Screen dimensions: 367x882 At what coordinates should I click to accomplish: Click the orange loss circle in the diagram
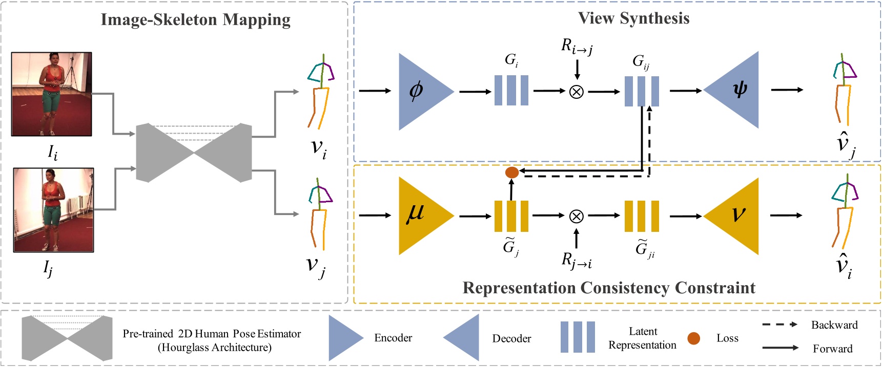point(512,172)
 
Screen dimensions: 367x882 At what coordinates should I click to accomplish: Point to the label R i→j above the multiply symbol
point(577,47)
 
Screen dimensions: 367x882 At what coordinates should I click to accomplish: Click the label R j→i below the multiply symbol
point(577,261)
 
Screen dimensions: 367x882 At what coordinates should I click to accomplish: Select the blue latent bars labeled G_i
point(511,91)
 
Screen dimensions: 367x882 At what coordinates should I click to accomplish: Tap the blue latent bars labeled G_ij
point(641,91)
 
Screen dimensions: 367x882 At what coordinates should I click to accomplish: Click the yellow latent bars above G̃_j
point(511,216)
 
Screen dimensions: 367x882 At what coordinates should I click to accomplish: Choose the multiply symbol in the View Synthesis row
point(577,92)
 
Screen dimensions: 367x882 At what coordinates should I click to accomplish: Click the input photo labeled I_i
point(52,94)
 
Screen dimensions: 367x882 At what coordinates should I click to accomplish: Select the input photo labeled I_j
point(53,210)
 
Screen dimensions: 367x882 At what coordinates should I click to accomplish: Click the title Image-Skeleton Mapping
point(195,20)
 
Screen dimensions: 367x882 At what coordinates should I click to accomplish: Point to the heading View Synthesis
point(633,18)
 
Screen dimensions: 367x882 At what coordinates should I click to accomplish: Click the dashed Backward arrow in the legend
point(780,325)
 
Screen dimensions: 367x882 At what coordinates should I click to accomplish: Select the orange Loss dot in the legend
point(693,338)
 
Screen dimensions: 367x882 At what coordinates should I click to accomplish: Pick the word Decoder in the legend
point(511,338)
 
